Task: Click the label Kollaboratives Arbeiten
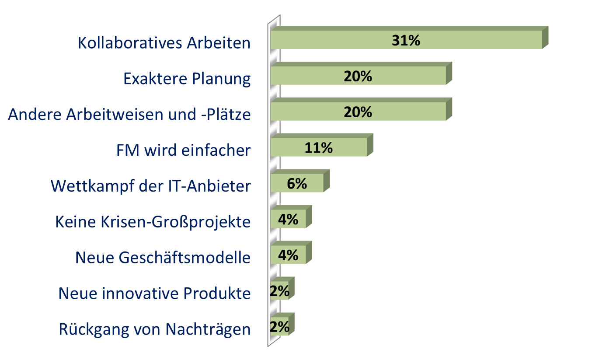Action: (x=164, y=43)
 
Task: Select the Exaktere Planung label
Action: (x=187, y=79)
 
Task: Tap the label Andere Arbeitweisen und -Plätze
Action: (x=129, y=115)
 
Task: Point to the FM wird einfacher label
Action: (x=183, y=150)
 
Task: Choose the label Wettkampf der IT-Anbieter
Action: (x=151, y=186)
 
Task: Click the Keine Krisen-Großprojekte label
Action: (x=153, y=222)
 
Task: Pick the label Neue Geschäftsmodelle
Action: (x=163, y=257)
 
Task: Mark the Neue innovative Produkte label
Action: (x=155, y=293)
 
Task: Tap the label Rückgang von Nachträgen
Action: (x=155, y=329)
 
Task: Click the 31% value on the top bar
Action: (x=406, y=41)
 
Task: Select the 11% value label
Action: (x=318, y=148)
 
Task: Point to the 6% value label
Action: (x=297, y=184)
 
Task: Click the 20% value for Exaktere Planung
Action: (x=358, y=77)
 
